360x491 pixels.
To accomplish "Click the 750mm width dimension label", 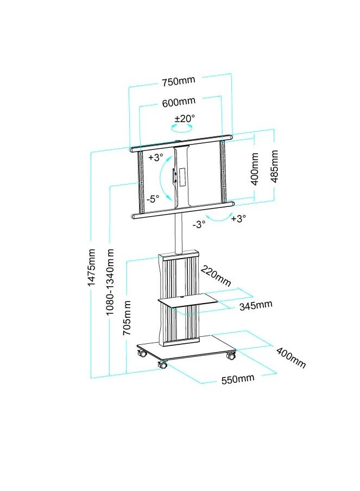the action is click(179, 81).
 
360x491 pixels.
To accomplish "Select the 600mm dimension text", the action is click(179, 102).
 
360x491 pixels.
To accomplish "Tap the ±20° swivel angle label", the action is click(185, 119).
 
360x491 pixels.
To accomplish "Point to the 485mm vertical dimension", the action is click(275, 166).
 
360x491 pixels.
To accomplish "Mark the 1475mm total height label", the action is click(91, 267).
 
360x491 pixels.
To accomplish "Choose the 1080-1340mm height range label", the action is click(110, 282).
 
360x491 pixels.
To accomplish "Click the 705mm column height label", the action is click(127, 318).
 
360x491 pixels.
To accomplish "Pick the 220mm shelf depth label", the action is click(216, 275).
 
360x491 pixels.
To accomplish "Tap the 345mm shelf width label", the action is click(256, 305).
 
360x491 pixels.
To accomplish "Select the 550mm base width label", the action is click(238, 379).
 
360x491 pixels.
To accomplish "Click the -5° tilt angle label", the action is click(153, 199).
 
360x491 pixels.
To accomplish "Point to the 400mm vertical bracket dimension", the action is click(255, 169).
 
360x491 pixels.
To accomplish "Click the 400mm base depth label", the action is click(291, 357).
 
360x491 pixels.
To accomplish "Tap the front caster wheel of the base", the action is click(162, 364).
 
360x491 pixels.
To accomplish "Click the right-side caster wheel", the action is click(231, 355).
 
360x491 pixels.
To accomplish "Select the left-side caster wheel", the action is click(142, 354).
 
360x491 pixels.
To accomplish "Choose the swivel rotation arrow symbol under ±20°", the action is click(181, 128).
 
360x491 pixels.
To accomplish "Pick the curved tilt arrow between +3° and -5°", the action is click(165, 178).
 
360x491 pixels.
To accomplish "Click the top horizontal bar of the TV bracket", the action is click(181, 143).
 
